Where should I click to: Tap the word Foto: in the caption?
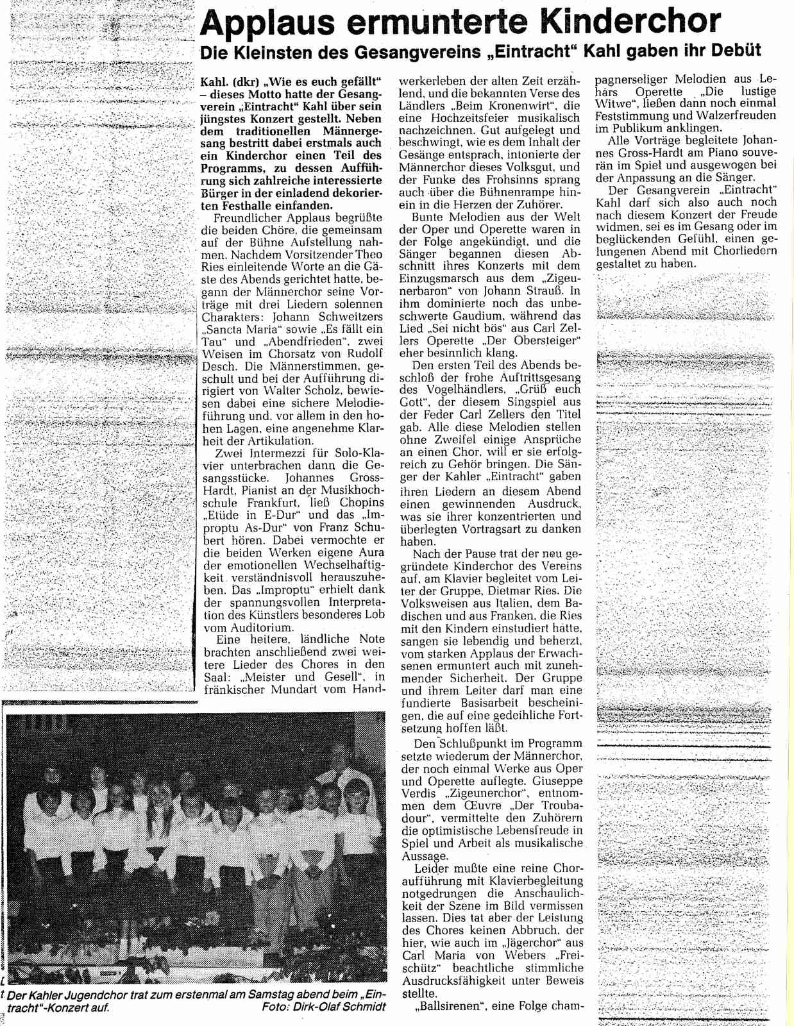click(277, 1007)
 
